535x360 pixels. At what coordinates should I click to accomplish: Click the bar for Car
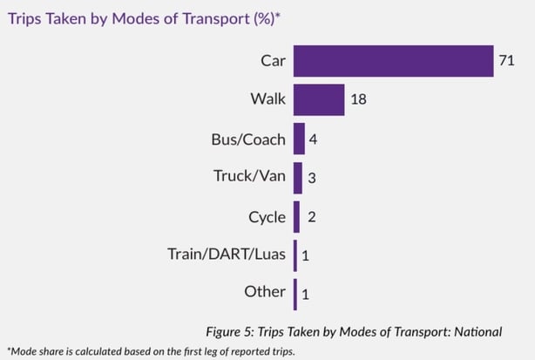(x=394, y=61)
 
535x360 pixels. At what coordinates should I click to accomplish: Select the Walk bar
(x=319, y=99)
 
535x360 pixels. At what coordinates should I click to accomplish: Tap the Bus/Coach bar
(x=299, y=139)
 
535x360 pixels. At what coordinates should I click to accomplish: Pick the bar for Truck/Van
(x=298, y=177)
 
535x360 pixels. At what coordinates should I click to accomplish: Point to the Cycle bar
(x=297, y=215)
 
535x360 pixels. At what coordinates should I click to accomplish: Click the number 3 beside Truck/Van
(x=312, y=178)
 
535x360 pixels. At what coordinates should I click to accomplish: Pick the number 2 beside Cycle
(x=310, y=216)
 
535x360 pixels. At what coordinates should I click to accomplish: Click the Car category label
(x=272, y=61)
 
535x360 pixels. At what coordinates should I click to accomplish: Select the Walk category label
(x=267, y=99)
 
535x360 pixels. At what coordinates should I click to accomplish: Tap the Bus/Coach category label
(x=247, y=138)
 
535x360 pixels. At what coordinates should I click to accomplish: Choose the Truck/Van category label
(x=249, y=176)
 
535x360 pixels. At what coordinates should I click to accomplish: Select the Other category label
(x=265, y=291)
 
